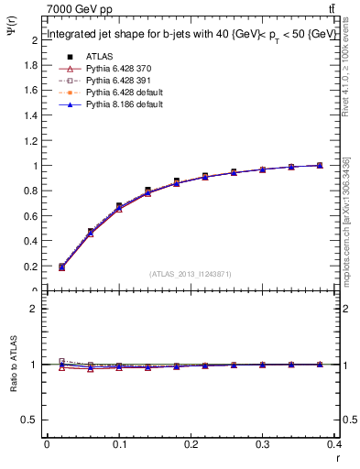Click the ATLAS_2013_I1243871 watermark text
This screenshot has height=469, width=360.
coord(191,274)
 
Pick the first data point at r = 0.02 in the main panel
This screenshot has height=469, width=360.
coord(61,267)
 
